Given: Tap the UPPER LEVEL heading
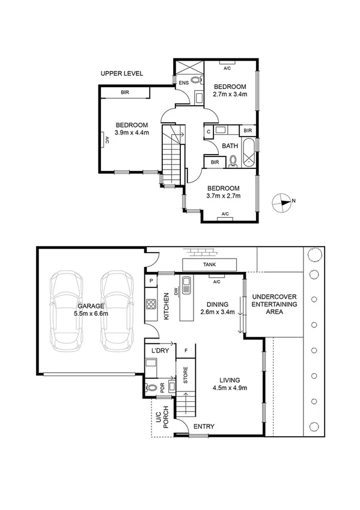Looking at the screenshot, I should [121, 73].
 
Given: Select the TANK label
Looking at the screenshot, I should [210, 264].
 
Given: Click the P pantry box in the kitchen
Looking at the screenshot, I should [150, 281].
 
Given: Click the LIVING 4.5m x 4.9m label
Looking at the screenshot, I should [230, 384].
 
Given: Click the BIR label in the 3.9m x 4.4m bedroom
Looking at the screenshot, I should [124, 93].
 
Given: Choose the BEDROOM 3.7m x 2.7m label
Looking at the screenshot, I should [223, 191].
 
